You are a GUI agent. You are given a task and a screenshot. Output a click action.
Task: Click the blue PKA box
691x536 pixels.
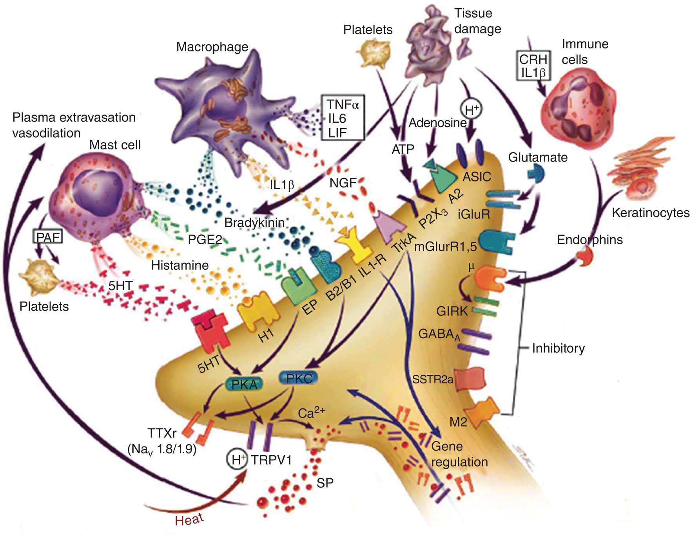[244, 384]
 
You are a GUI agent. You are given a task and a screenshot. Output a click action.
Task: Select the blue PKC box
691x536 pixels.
[299, 378]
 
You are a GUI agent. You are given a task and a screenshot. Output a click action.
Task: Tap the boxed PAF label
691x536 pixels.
[48, 237]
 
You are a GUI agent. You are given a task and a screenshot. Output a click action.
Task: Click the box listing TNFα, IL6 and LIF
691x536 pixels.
[343, 118]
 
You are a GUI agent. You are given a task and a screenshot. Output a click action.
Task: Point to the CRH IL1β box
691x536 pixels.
[533, 65]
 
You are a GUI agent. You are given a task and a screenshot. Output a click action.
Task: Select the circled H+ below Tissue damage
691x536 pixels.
[472, 110]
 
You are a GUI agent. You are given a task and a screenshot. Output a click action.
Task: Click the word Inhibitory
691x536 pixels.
[558, 348]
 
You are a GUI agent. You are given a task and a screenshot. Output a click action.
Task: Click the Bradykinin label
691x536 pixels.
[254, 223]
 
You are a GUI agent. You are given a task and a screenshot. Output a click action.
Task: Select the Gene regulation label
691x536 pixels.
[459, 454]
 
